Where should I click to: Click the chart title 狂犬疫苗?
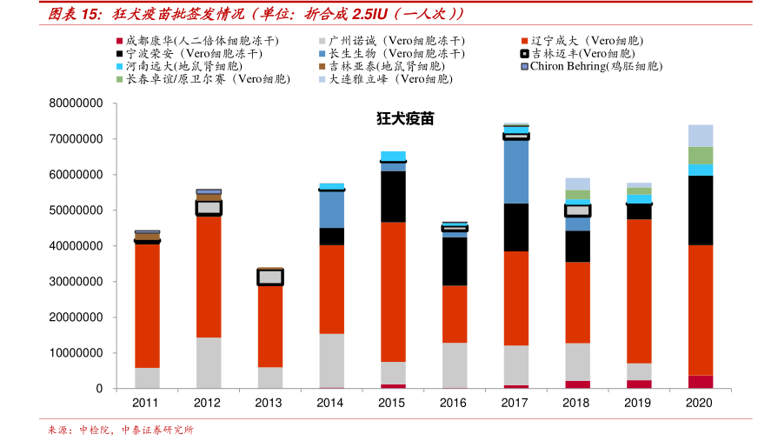(404, 119)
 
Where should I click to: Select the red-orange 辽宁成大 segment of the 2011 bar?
(147, 304)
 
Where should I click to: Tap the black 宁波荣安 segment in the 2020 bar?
(700, 210)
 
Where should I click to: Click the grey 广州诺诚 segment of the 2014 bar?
(331, 360)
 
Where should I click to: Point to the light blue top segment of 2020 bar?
(700, 136)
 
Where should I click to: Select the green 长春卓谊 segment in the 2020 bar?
(700, 156)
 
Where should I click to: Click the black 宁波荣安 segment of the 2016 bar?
(455, 261)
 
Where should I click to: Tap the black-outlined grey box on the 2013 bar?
(270, 277)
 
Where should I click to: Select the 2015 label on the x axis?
(392, 404)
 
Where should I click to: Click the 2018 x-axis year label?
(576, 404)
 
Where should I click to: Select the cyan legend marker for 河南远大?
(119, 66)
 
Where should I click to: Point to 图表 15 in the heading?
(71, 13)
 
